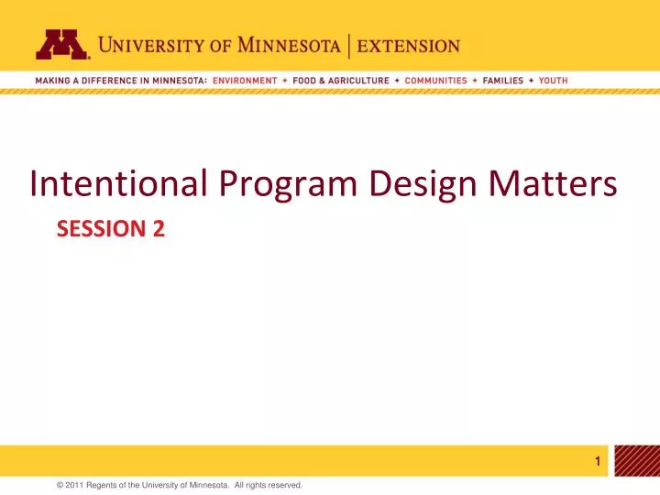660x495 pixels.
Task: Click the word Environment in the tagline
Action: tap(244, 81)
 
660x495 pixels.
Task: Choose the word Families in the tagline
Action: tap(502, 81)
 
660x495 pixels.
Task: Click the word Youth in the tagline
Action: tap(553, 81)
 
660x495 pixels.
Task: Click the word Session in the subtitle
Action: tap(99, 231)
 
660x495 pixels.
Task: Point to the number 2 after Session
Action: tap(159, 231)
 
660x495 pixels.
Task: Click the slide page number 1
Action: tap(598, 462)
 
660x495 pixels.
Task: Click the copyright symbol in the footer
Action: tap(60, 484)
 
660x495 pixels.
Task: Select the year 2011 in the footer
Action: tap(75, 484)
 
